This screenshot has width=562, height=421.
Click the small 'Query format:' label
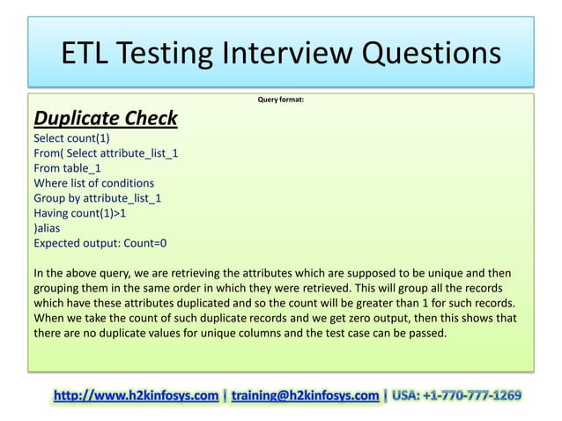[281, 100]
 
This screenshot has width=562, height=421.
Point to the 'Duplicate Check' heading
[105, 118]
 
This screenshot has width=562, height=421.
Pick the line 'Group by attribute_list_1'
[97, 197]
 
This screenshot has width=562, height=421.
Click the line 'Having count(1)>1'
[80, 212]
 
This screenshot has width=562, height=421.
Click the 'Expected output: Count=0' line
[100, 242]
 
